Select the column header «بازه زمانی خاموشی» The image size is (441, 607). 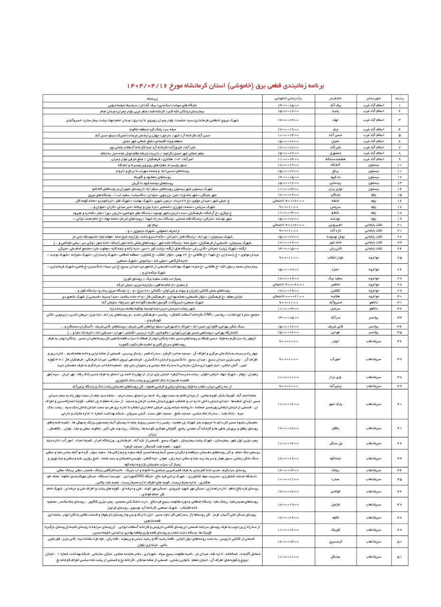[288, 98]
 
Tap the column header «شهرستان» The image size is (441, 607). [374, 98]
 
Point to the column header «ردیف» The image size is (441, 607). [399, 98]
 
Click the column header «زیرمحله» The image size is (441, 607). [153, 98]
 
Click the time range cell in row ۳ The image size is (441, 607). [288, 120]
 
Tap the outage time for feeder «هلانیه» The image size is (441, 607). [288, 296]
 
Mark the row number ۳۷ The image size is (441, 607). [399, 359]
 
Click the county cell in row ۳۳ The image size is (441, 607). [374, 317]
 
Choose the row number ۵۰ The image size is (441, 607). [399, 541]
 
